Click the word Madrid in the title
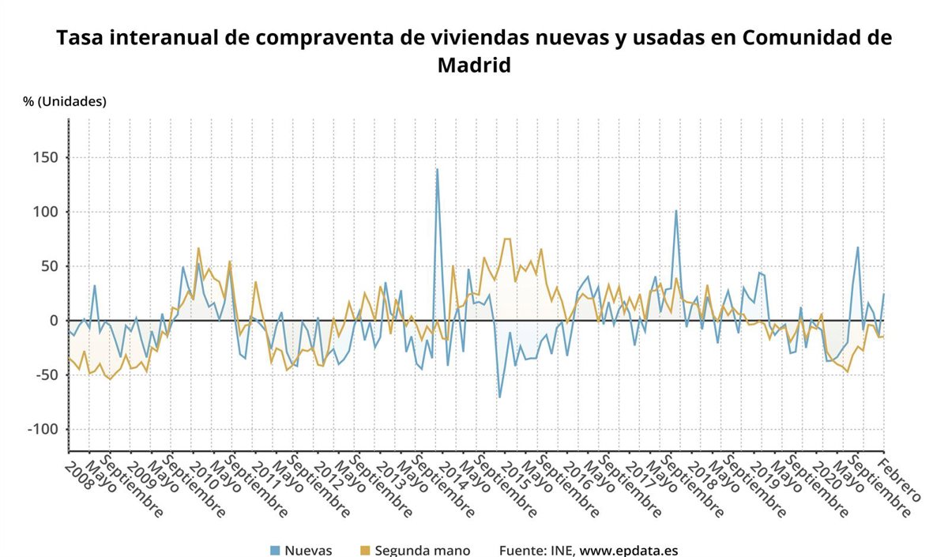click(474, 65)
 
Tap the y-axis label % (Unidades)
click(65, 101)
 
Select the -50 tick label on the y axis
click(43, 374)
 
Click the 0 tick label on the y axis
click(53, 321)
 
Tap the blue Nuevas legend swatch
click(275, 550)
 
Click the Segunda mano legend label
click(423, 550)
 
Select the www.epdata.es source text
click(629, 550)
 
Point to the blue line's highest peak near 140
click(437, 169)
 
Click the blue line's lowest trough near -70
click(499, 397)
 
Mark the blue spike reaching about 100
click(675, 211)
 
